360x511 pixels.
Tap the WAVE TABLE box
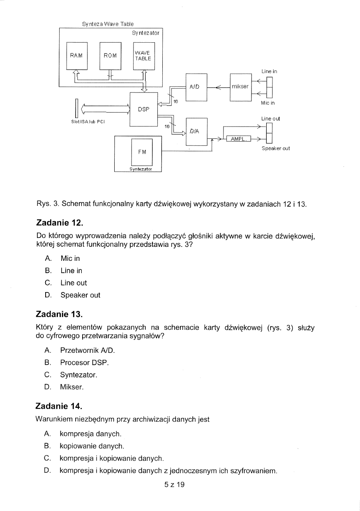click(143, 55)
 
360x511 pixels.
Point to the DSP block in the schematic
click(143, 109)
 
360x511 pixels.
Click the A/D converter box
click(196, 87)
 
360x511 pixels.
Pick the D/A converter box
click(196, 131)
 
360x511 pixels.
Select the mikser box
click(240, 87)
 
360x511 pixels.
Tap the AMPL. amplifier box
click(238, 140)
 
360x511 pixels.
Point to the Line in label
click(269, 71)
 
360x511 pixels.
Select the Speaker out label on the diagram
click(276, 148)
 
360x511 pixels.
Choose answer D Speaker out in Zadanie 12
click(80, 295)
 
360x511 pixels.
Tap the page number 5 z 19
click(175, 485)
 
